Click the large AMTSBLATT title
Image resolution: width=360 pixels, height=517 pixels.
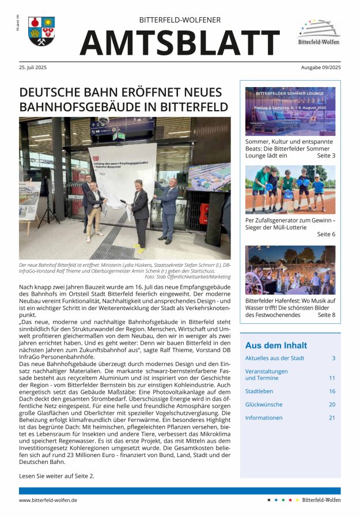[180, 42]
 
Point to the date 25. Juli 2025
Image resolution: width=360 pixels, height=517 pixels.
[33, 67]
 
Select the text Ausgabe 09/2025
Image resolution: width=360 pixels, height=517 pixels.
[320, 67]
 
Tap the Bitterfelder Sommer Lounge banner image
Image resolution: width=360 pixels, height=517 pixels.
[290, 111]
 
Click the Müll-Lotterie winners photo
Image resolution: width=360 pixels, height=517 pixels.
[290, 189]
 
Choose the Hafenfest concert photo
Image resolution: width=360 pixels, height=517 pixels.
[290, 270]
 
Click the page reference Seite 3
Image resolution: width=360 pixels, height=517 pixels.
[325, 156]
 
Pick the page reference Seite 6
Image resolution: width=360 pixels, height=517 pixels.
[325, 234]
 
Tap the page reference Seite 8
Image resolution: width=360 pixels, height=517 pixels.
[325, 315]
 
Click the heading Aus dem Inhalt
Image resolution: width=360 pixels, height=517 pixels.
[276, 345]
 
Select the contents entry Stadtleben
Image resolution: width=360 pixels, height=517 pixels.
[259, 391]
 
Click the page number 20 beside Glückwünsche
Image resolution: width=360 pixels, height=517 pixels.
[332, 404]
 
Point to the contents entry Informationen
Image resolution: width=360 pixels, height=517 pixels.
[264, 417]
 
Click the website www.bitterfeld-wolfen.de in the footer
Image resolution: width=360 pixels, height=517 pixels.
[48, 500]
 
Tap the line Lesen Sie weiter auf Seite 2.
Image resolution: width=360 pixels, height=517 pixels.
[56, 476]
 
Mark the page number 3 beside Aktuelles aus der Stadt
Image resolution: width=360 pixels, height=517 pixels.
[333, 358]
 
